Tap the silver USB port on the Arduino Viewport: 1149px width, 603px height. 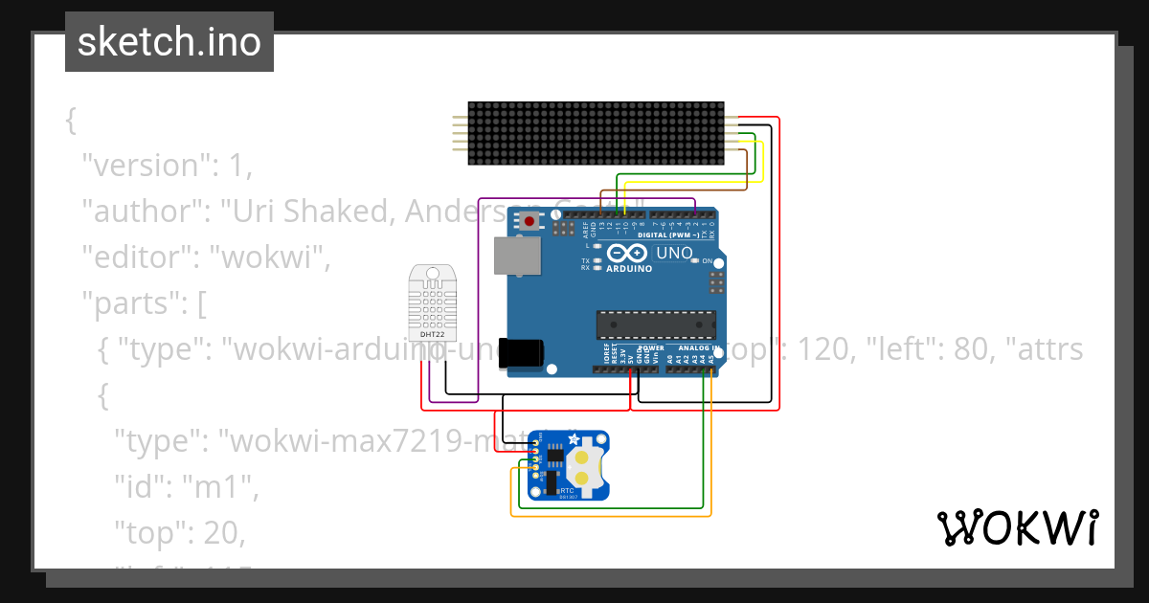click(517, 256)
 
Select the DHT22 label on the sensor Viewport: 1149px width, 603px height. click(433, 333)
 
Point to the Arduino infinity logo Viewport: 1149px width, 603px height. click(628, 254)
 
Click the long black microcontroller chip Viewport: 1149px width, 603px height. click(656, 324)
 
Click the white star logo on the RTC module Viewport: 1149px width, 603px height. click(574, 438)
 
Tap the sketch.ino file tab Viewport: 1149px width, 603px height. click(169, 42)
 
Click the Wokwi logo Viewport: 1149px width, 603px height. click(1017, 527)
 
